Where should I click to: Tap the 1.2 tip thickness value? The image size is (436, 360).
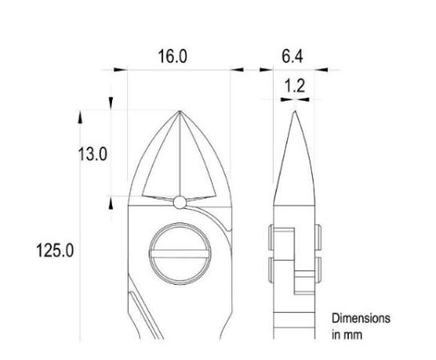pos(294,86)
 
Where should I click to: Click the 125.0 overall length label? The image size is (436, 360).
pos(56,250)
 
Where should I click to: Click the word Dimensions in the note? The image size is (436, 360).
pos(362,318)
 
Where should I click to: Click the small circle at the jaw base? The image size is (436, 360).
pos(180,202)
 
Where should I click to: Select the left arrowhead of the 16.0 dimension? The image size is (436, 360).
pos(121,70)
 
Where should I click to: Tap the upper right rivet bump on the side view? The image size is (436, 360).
pos(318,235)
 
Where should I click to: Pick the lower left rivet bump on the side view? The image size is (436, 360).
pos(270,267)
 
